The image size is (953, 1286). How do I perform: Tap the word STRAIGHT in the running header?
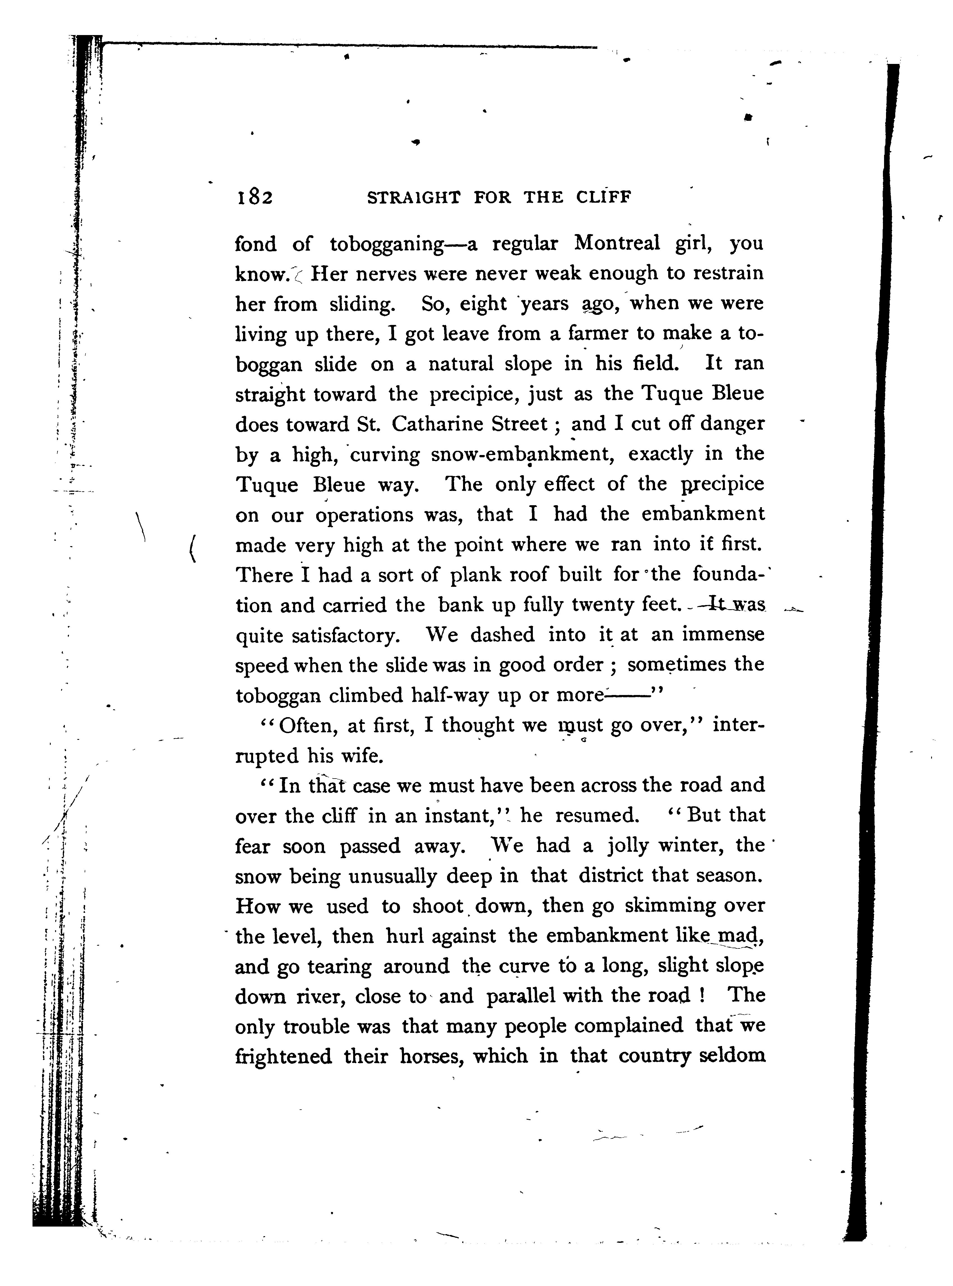tap(414, 198)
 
